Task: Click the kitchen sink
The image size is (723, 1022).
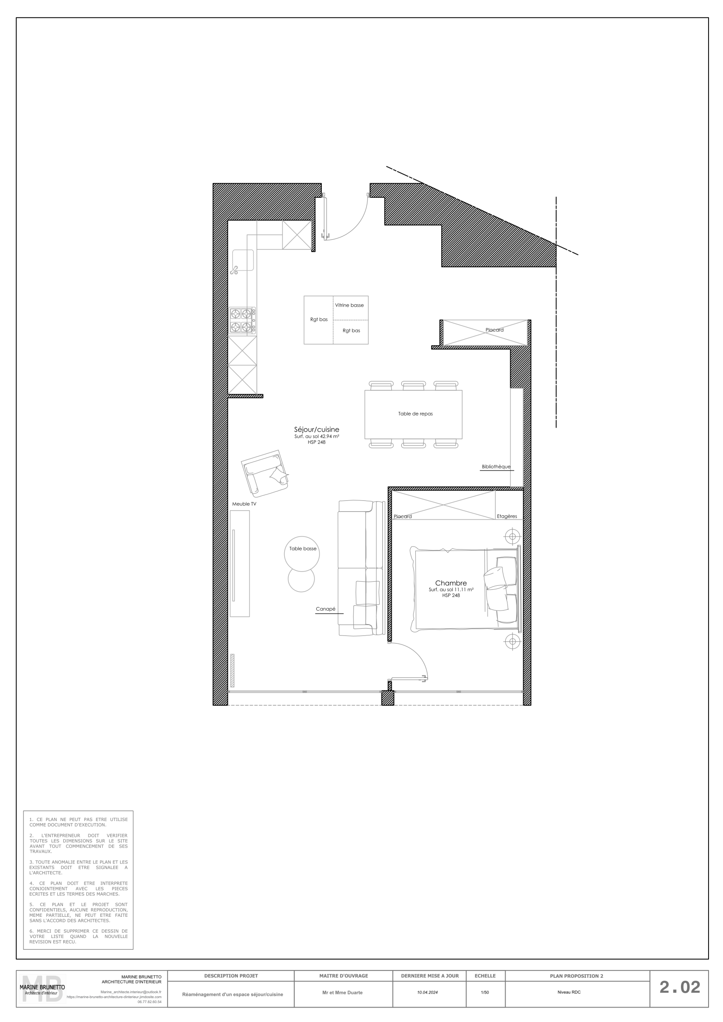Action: [243, 261]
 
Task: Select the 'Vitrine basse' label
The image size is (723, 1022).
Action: [349, 305]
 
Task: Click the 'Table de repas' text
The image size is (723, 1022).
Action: [415, 414]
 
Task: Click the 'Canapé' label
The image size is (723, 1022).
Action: [325, 609]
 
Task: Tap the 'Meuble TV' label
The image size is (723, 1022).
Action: [244, 504]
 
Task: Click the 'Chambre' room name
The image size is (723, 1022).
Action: [451, 583]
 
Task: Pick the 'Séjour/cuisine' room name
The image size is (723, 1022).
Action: [317, 429]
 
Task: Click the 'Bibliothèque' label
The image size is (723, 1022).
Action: [496, 467]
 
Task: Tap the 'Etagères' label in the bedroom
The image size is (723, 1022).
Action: [507, 516]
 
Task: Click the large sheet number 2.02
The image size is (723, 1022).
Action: [680, 987]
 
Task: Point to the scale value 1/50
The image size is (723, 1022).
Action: [485, 993]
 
